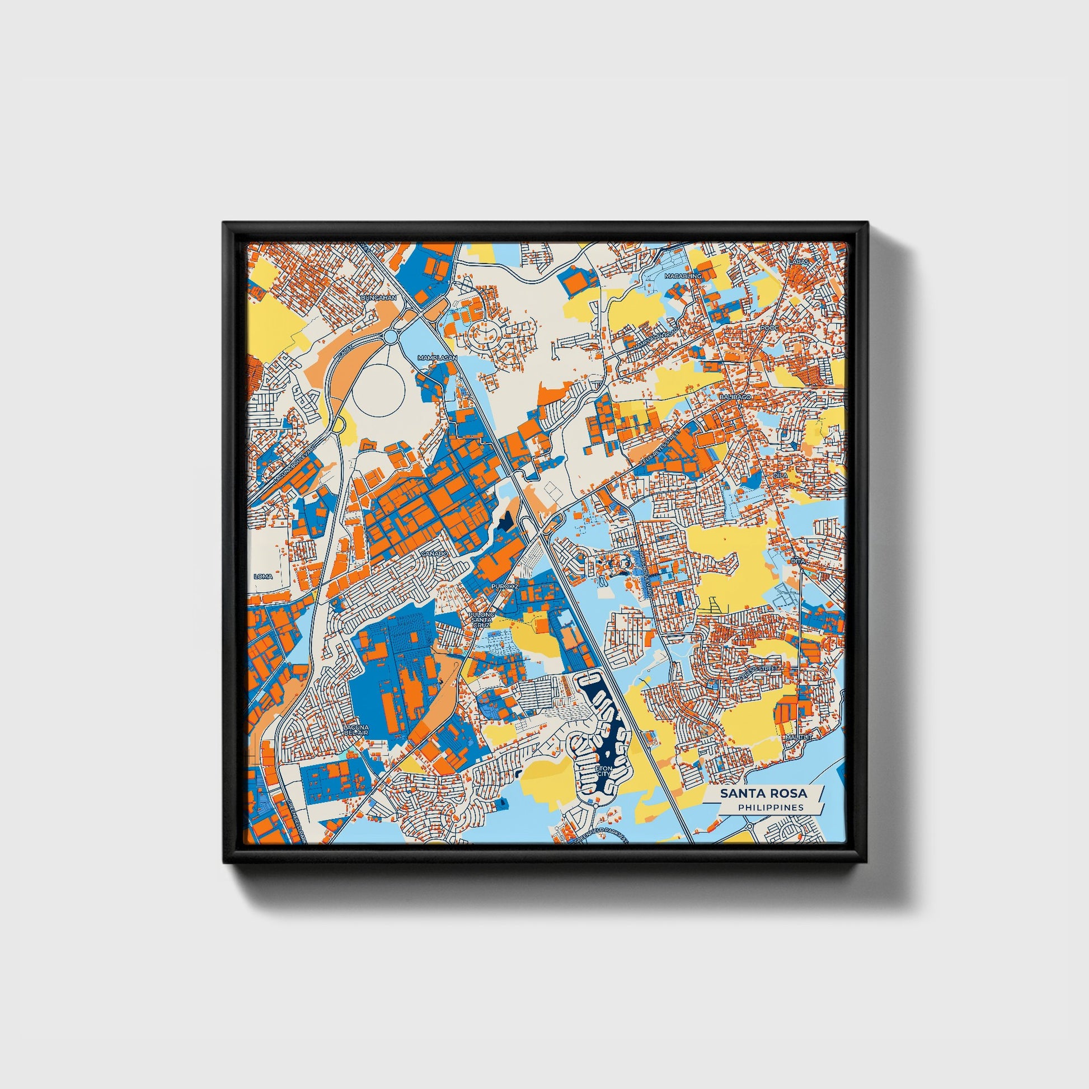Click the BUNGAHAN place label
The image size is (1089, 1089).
[378, 297]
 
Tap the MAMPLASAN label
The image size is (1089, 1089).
[437, 358]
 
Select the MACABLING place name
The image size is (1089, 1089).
[683, 276]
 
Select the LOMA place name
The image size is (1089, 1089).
[263, 576]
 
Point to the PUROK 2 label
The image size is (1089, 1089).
[504, 587]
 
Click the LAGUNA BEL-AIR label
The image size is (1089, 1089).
[356, 730]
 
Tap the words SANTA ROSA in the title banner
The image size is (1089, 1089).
[763, 794]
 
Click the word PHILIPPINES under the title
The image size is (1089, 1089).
[771, 807]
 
